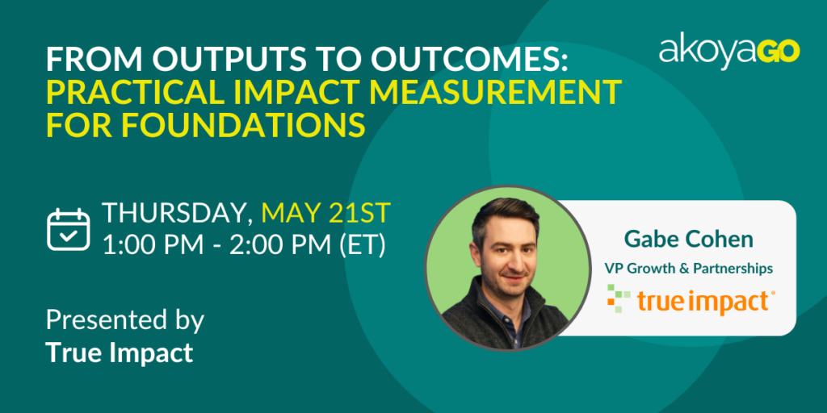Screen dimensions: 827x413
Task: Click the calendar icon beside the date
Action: [69, 230]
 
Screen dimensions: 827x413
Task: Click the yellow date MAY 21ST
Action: [326, 212]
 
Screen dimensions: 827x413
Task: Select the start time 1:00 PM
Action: [152, 245]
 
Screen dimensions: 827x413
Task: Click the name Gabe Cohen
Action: [689, 240]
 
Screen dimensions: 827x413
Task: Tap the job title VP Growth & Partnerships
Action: [689, 269]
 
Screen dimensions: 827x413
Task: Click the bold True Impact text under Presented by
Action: [120, 353]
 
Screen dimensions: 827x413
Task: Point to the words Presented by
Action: [125, 320]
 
